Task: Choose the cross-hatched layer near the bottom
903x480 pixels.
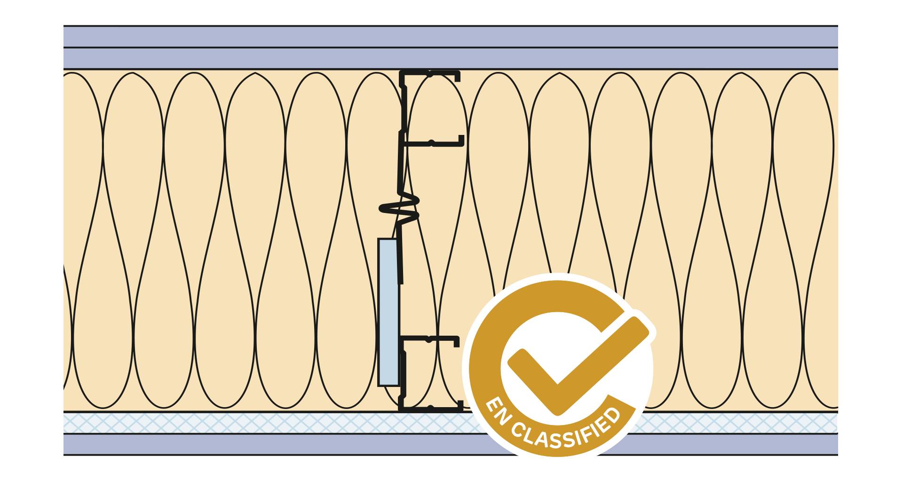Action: point(282,423)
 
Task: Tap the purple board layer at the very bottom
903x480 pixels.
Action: point(282,444)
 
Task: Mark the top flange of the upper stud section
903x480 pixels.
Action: point(430,73)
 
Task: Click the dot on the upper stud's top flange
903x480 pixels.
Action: point(430,73)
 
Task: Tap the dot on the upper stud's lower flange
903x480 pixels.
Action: point(431,142)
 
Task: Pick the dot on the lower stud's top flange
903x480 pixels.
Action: point(429,338)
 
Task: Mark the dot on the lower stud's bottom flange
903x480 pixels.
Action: point(430,407)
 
